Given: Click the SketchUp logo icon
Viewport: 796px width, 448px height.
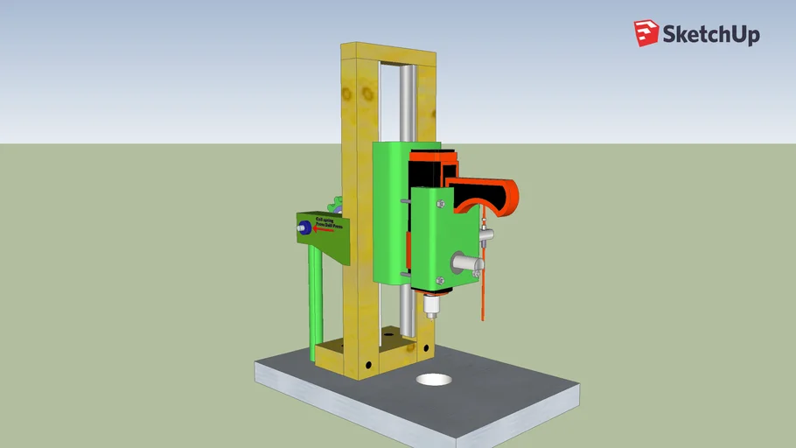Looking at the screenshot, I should pyautogui.click(x=646, y=33).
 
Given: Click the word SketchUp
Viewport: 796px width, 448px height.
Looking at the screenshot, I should pyautogui.click(x=710, y=35).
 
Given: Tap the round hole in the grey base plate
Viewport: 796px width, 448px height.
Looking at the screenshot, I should pyautogui.click(x=434, y=381).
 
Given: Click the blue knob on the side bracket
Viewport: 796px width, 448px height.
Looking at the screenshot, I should pyautogui.click(x=305, y=228).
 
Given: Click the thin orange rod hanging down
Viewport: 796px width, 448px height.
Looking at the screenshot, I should pyautogui.click(x=480, y=297).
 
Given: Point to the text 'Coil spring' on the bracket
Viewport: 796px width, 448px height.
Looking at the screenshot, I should pyautogui.click(x=326, y=220).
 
